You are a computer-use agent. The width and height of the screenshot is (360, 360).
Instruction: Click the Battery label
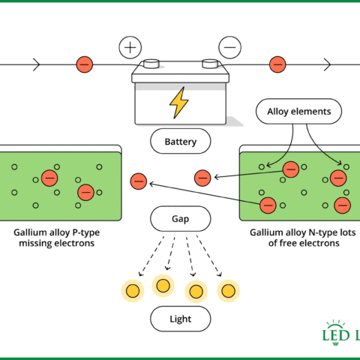pos(181,142)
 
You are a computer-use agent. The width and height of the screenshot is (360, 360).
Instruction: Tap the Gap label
pos(181,219)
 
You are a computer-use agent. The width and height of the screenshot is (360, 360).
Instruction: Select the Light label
pos(181,319)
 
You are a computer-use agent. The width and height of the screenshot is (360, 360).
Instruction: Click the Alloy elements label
pos(298,111)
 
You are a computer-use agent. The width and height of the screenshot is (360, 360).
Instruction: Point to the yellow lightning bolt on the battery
pos(178,103)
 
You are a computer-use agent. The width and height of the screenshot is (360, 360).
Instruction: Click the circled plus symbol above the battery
pos(130,47)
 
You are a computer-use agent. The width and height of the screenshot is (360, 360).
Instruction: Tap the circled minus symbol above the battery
pos(229,47)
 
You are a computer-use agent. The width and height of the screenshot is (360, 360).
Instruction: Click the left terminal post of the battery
pos(151,64)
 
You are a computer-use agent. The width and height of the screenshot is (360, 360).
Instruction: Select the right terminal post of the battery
pos(210,64)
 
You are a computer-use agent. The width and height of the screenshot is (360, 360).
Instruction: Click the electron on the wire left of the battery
pos(85,64)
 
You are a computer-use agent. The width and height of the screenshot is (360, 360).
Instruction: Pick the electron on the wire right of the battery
pos(277,64)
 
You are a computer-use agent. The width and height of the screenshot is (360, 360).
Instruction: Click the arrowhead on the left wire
pos(37,64)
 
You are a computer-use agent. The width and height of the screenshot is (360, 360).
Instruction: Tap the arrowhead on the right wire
pos(327,64)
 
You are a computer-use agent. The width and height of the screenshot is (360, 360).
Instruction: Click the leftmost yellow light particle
pos(133,291)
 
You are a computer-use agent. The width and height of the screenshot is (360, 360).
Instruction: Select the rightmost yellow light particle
pos(228,291)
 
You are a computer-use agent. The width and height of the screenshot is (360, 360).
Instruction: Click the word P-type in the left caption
pos(86,232)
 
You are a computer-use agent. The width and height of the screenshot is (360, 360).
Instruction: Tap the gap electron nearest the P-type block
pos(139,181)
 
